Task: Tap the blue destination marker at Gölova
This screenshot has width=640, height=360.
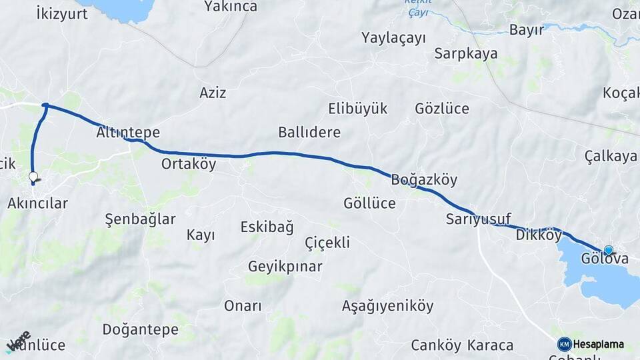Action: pyautogui.click(x=608, y=251)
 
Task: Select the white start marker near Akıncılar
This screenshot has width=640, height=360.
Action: pyautogui.click(x=33, y=177)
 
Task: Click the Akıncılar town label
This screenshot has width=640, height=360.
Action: pyautogui.click(x=38, y=203)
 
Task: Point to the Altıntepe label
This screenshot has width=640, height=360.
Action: pyautogui.click(x=128, y=133)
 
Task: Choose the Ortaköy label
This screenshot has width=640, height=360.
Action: pyautogui.click(x=189, y=164)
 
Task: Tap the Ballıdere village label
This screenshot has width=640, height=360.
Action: pyautogui.click(x=309, y=132)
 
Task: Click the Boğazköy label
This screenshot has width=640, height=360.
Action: pyautogui.click(x=424, y=180)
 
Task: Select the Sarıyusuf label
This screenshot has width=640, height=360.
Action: pyautogui.click(x=479, y=219)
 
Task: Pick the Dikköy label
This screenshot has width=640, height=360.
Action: pyautogui.click(x=539, y=235)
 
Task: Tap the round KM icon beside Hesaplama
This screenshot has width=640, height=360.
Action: pyautogui.click(x=564, y=345)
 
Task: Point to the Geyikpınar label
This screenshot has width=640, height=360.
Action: pyautogui.click(x=285, y=267)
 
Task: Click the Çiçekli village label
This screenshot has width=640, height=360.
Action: pyautogui.click(x=327, y=243)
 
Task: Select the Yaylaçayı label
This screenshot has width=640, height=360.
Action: pyautogui.click(x=393, y=37)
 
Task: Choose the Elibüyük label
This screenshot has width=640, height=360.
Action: pyautogui.click(x=357, y=108)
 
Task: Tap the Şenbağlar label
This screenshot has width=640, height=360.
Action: pyautogui.click(x=141, y=219)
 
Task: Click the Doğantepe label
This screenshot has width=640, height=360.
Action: pyautogui.click(x=141, y=329)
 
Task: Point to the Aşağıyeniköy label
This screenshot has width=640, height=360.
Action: pyautogui.click(x=387, y=306)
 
